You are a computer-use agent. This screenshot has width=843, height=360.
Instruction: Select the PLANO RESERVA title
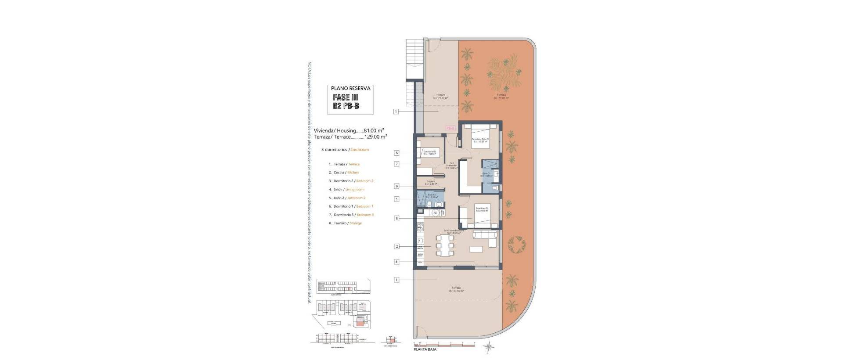pos(350,88)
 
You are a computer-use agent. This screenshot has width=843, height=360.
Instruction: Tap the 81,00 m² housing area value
pos(374,130)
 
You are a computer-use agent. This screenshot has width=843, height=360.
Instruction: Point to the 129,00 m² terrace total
pos(376,137)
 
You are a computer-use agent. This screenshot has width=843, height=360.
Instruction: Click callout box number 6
pos(396,153)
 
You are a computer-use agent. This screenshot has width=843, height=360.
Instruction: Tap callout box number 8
pos(396,186)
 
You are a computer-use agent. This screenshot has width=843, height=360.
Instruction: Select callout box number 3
pos(396,218)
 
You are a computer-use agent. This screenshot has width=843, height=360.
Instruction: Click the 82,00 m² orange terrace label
pos(501,97)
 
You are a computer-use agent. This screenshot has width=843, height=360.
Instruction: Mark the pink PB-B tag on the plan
pos(450,128)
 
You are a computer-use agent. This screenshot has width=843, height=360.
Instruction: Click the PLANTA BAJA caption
pos(425,349)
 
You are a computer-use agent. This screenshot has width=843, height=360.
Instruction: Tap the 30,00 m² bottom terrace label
pos(456,289)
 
